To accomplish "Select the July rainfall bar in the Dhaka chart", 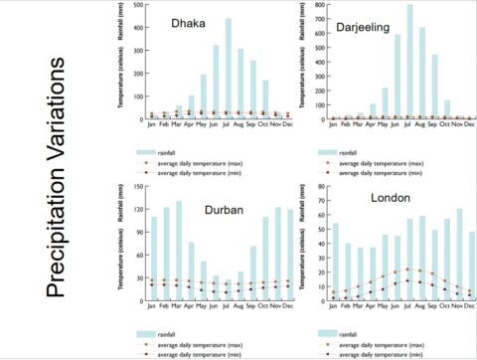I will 228,69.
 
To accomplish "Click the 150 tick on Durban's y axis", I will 138,185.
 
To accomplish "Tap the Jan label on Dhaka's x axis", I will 152,125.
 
